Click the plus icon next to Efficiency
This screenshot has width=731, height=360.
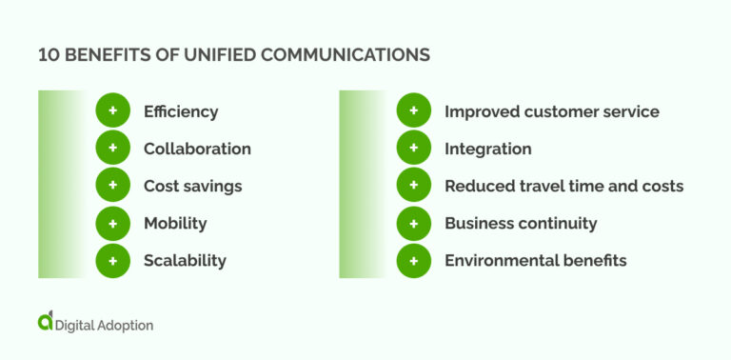coord(112,111)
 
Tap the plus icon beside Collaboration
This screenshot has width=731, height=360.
coord(112,149)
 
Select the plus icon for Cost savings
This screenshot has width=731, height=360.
coord(112,186)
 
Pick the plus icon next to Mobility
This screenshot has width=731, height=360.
coord(112,223)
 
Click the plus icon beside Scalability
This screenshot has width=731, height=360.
coord(112,260)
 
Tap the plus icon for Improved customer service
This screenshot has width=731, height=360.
coord(413,111)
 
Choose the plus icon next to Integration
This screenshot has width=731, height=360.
coord(413,149)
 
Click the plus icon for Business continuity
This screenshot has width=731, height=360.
coord(413,223)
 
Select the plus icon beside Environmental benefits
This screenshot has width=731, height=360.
coord(413,260)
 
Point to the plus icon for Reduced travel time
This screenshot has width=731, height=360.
coord(413,186)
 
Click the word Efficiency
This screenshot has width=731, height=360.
coord(181,111)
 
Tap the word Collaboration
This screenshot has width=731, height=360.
coord(197,149)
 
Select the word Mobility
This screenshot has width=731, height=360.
coord(175,223)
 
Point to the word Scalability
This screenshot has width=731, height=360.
coord(185,260)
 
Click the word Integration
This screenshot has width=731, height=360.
coord(487,149)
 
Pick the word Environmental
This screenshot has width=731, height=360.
coord(497,260)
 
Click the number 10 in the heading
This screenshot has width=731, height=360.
coord(48,55)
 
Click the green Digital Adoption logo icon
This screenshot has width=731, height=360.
coord(46,322)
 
